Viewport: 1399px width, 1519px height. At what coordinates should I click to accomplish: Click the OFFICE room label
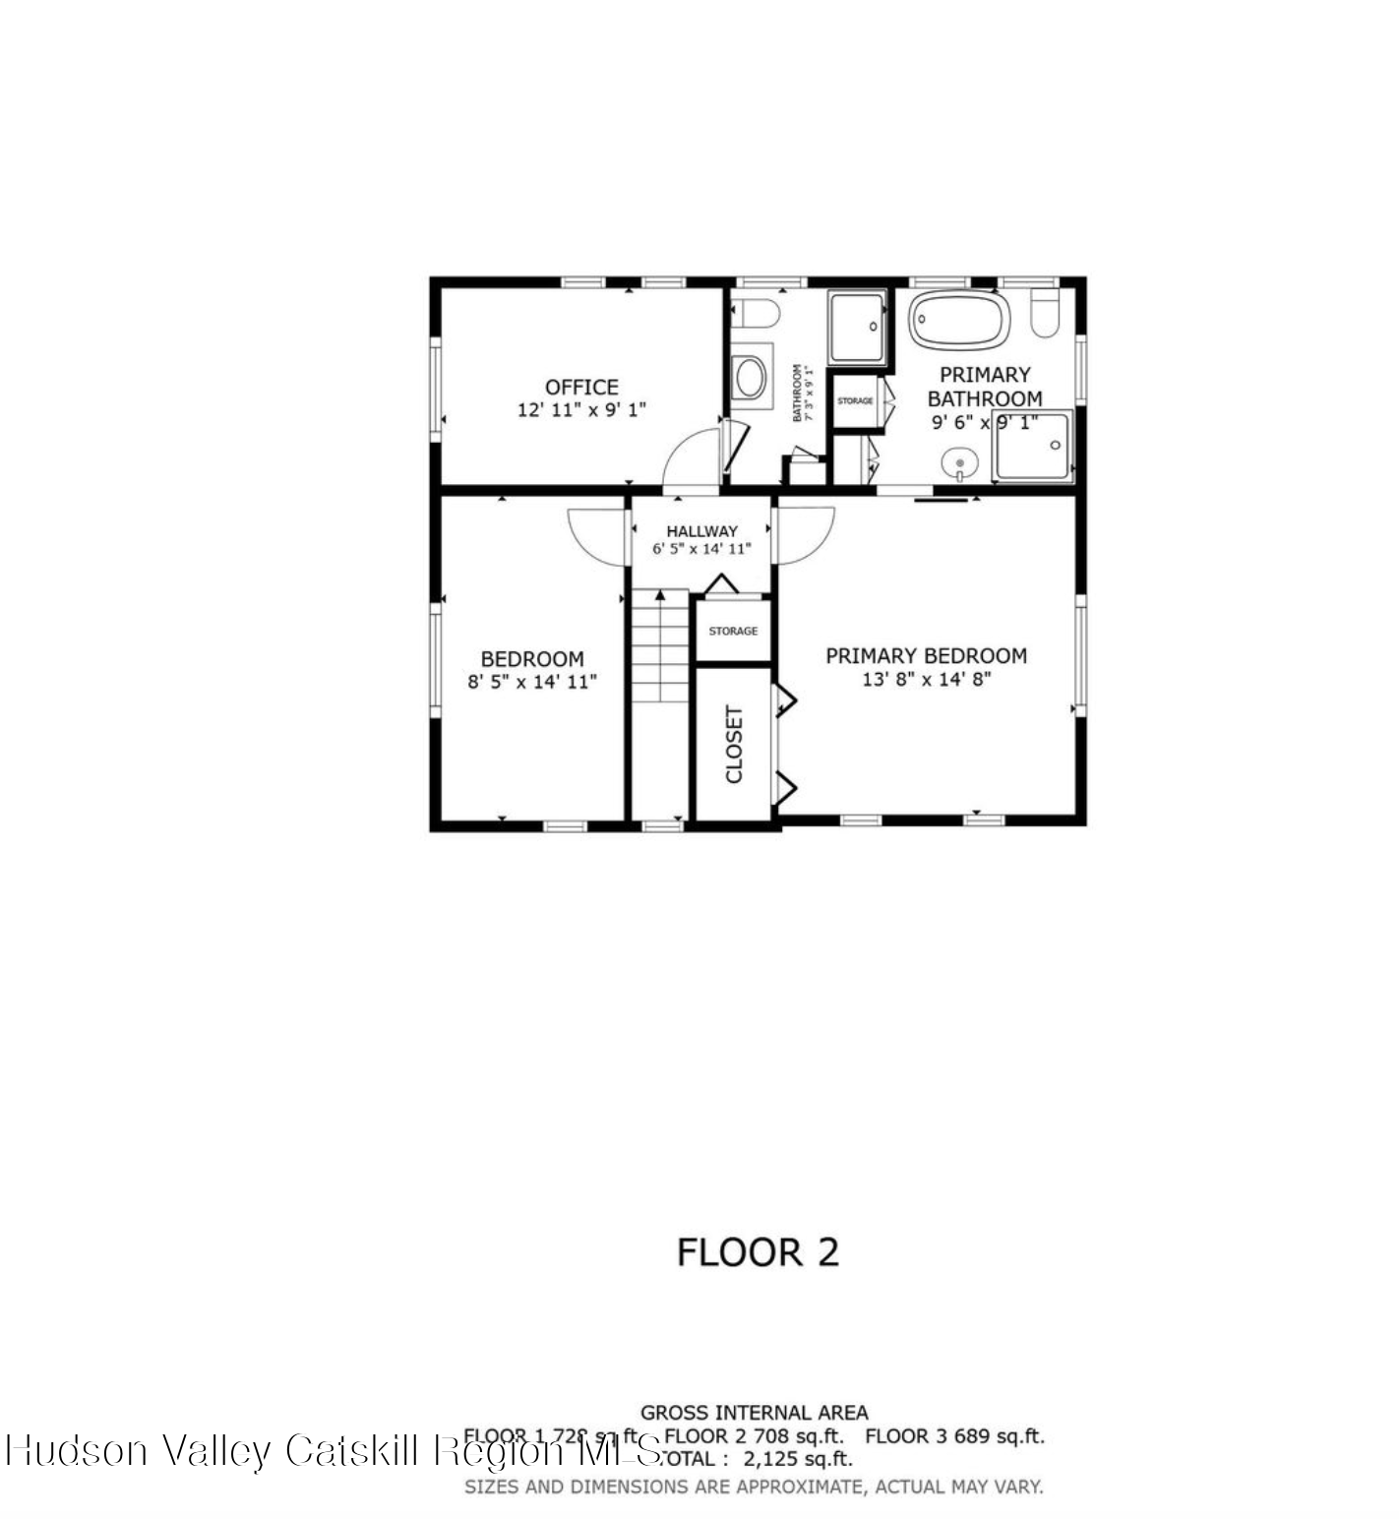tap(581, 387)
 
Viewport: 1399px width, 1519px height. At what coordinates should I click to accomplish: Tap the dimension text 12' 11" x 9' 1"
tap(581, 410)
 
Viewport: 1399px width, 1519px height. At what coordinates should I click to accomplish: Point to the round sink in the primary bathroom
tap(959, 462)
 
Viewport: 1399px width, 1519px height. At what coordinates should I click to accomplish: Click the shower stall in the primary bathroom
tap(1031, 447)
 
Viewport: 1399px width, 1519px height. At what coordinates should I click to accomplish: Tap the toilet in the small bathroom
tap(756, 314)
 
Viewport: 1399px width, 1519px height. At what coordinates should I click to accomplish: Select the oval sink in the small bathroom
tap(751, 377)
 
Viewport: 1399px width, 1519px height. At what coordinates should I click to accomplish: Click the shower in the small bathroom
tap(857, 326)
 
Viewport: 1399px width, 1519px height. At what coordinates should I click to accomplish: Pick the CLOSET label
tap(734, 744)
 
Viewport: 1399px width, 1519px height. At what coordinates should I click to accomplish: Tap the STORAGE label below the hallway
tap(733, 631)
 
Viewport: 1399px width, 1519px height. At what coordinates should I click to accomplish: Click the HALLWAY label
tap(701, 531)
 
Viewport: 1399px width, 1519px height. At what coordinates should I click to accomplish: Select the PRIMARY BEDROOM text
tap(926, 655)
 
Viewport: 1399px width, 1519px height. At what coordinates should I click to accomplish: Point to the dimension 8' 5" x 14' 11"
tap(532, 682)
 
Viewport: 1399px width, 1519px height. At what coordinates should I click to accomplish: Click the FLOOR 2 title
tap(758, 1252)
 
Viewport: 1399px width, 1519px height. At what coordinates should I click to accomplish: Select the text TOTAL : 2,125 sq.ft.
tap(758, 1459)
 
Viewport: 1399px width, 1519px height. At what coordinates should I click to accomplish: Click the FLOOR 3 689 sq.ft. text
tap(954, 1436)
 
